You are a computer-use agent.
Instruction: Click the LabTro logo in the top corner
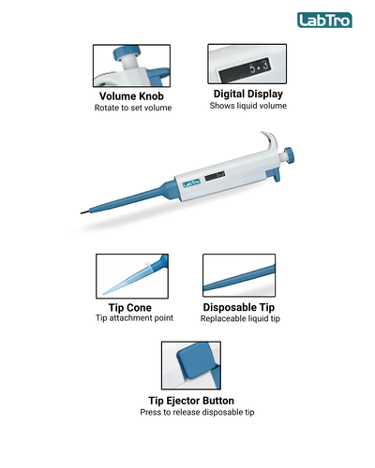pyautogui.click(x=324, y=21)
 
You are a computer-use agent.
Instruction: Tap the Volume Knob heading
pyautogui.click(x=131, y=96)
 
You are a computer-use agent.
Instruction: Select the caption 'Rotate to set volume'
pyautogui.click(x=133, y=108)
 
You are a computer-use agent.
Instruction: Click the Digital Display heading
pyautogui.click(x=248, y=94)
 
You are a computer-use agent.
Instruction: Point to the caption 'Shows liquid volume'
pyautogui.click(x=248, y=106)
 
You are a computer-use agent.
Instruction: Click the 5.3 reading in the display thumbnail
pyautogui.click(x=260, y=66)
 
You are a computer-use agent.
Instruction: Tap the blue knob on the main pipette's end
pyautogui.click(x=289, y=155)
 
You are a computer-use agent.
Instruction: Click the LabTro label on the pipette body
pyautogui.click(x=191, y=183)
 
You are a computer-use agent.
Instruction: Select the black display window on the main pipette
pyautogui.click(x=215, y=176)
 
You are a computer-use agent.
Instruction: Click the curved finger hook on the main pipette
pyautogui.click(x=269, y=139)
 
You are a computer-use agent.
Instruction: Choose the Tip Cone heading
pyautogui.click(x=130, y=308)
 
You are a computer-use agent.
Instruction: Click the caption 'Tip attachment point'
pyautogui.click(x=134, y=318)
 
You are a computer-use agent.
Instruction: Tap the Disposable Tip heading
pyautogui.click(x=239, y=307)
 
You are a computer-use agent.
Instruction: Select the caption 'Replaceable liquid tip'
pyautogui.click(x=240, y=318)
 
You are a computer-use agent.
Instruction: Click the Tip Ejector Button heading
pyautogui.click(x=191, y=401)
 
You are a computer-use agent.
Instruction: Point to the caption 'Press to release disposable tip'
pyautogui.click(x=197, y=412)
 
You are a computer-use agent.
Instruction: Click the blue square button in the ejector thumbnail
pyautogui.click(x=195, y=360)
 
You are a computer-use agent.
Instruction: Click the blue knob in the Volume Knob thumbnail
pyautogui.click(x=126, y=52)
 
